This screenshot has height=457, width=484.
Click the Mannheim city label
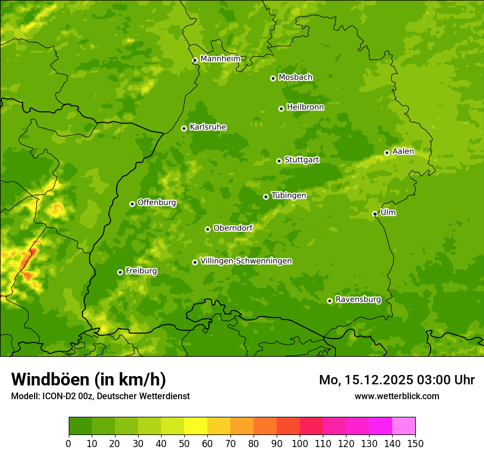[220, 58]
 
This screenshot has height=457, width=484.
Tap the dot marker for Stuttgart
[279, 161]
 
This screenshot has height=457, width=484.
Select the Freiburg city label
[141, 271]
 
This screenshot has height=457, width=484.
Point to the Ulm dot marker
[375, 214]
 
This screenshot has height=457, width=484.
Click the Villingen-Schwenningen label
[246, 261]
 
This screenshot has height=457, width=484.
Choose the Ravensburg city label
[358, 300]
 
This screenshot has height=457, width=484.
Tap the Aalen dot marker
[387, 153]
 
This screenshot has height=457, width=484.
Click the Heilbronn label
[305, 107]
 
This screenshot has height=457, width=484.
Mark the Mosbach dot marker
[273, 78]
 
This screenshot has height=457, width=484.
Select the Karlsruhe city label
[207, 127]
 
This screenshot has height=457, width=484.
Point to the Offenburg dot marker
[132, 204]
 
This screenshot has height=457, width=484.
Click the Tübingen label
[288, 195]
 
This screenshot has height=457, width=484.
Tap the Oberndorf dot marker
[207, 229]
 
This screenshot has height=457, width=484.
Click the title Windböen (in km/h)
[88, 379]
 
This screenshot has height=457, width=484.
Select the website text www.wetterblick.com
[397, 396]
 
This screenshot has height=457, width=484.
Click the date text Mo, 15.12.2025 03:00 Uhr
[397, 380]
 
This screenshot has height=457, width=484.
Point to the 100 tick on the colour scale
[300, 443]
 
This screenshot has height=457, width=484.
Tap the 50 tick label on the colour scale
[184, 443]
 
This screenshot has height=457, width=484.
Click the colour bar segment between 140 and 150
[404, 426]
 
